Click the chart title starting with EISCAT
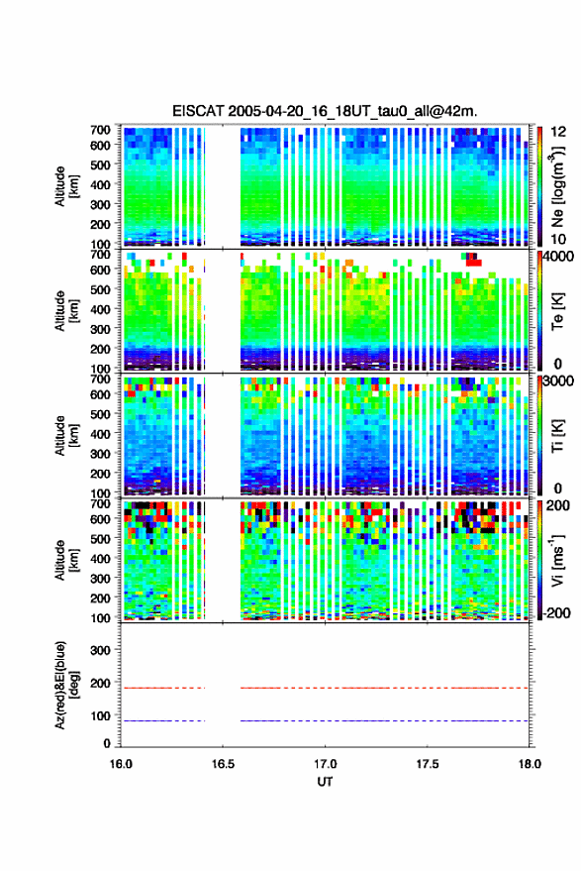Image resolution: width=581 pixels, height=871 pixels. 325,111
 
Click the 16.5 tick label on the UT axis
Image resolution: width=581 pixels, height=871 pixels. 223,764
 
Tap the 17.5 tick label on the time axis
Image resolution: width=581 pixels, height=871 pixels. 427,764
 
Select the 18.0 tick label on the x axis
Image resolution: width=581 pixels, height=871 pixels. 529,764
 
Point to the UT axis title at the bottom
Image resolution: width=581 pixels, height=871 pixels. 325,782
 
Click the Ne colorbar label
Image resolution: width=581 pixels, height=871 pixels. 557,186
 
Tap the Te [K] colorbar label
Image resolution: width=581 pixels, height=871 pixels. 557,311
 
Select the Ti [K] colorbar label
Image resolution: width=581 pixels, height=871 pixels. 557,436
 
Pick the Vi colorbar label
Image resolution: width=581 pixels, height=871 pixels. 557,560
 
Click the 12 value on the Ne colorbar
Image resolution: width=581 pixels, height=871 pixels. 558,132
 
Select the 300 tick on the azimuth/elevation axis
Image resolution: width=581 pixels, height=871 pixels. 100,650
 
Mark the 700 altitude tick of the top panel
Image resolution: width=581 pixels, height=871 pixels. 100,130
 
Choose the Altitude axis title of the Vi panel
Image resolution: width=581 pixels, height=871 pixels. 66,560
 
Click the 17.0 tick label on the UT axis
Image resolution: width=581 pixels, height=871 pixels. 325,764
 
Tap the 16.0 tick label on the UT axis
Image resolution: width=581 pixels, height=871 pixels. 121,764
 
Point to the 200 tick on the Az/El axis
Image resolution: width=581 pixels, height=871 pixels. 100,683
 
